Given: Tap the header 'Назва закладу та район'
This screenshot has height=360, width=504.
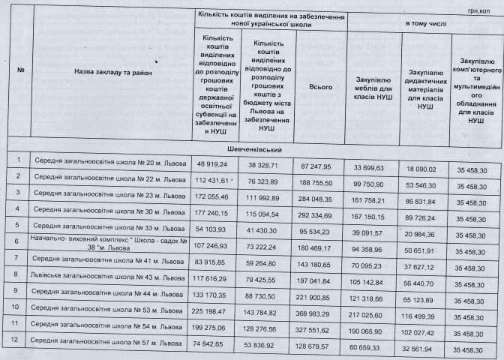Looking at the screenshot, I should (x=113, y=71).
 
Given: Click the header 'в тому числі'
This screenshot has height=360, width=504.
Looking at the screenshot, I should (x=425, y=24).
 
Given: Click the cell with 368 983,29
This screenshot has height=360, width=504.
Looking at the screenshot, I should (x=321, y=308).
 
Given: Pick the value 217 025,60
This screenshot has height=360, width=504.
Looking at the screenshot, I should (x=373, y=308).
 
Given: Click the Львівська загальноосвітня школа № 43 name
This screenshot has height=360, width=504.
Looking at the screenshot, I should (x=109, y=275).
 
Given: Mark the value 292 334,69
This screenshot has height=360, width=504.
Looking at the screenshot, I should (x=321, y=212).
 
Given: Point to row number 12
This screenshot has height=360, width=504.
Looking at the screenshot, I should (x=18, y=340).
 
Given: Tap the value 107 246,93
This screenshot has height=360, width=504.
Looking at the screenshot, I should (x=211, y=244).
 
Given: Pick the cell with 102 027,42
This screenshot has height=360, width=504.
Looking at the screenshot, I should (x=425, y=325).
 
